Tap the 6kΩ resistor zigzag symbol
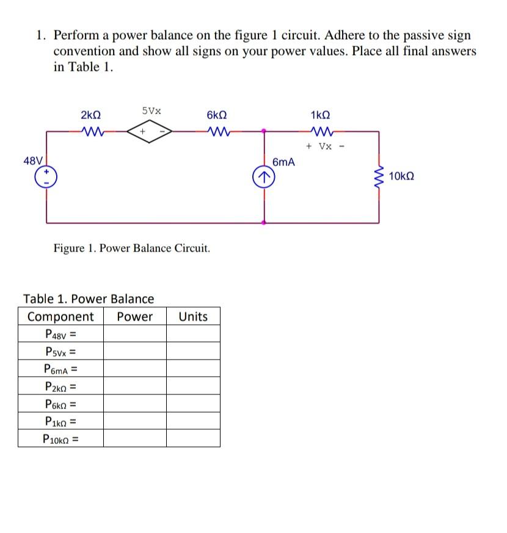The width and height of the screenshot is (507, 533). coord(217,130)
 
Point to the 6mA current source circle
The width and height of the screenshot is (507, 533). coord(264,178)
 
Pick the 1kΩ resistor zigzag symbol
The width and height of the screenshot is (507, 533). coord(320,130)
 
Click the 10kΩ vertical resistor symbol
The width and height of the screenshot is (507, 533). coord(379,176)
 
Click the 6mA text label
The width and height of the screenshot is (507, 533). coord(283,162)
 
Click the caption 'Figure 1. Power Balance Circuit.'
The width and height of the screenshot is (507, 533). coord(132,248)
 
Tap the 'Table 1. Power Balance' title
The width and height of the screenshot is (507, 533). coord(89,299)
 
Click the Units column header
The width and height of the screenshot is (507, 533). coord(193,316)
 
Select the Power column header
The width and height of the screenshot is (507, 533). coord(134,316)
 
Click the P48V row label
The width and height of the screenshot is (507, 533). coord(60,334)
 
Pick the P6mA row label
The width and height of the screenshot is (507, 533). coord(61,369)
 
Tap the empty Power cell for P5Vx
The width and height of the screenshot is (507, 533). coord(134,352)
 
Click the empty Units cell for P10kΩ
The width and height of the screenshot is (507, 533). coord(193,438)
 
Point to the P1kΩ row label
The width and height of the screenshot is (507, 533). coord(61,421)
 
